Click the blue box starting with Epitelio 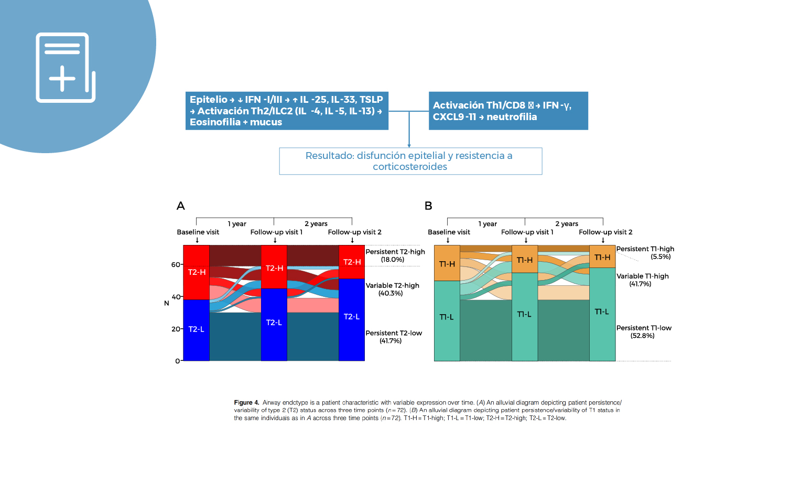click(x=287, y=111)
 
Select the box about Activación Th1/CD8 click(x=508, y=111)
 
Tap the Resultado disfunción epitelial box click(x=410, y=161)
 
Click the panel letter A click(x=181, y=206)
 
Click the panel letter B click(x=428, y=206)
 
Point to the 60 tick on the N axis click(x=176, y=264)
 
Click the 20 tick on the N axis click(x=176, y=329)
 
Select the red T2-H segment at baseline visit click(x=197, y=272)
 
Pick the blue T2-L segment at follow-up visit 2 click(x=352, y=317)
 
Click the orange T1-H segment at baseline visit click(x=447, y=263)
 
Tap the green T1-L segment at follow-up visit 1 click(x=524, y=315)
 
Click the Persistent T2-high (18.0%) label click(x=395, y=255)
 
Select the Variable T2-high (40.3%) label click(x=392, y=290)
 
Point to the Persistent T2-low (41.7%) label click(x=393, y=337)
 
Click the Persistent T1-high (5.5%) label click(x=645, y=253)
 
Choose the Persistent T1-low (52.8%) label click(x=644, y=331)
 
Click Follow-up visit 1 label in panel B click(x=527, y=232)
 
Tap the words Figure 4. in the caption click(x=246, y=403)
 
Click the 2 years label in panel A click(x=316, y=223)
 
